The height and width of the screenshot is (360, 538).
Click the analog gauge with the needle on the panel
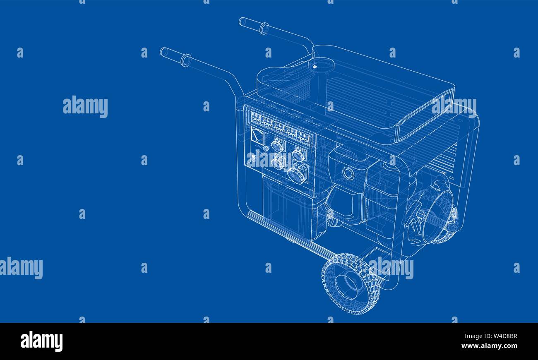click(x=257, y=136)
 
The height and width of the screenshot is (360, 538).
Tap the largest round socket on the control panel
click(x=298, y=173)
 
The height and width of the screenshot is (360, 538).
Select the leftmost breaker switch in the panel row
click(x=256, y=118)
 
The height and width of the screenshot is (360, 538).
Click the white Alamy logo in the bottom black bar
click(x=41, y=341)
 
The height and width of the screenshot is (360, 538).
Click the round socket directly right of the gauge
click(x=278, y=145)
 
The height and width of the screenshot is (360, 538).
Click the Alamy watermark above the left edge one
click(x=85, y=106)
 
